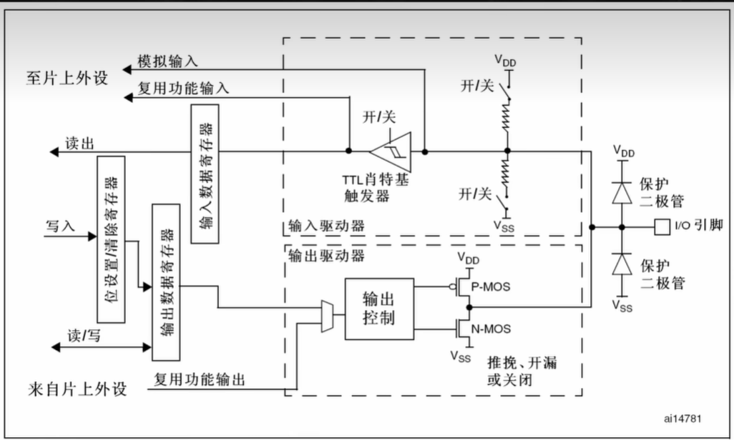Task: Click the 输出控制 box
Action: pyautogui.click(x=378, y=309)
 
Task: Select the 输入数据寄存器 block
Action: pyautogui.click(x=205, y=174)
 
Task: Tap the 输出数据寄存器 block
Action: pyautogui.click(x=166, y=281)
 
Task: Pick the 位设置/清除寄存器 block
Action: pyautogui.click(x=111, y=239)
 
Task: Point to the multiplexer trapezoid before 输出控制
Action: pyautogui.click(x=328, y=316)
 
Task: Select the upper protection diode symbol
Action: pyautogui.click(x=622, y=192)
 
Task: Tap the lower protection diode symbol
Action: pyautogui.click(x=622, y=265)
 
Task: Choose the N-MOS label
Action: pyautogui.click(x=491, y=329)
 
